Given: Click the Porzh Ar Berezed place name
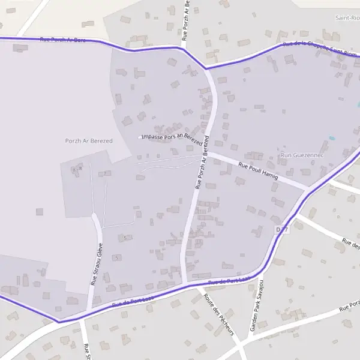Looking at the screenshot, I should point(89,140).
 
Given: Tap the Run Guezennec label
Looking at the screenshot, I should point(302,155).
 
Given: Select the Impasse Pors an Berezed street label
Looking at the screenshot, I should point(172,136).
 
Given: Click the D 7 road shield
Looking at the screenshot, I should point(283,230).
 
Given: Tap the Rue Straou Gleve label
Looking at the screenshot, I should point(97,263).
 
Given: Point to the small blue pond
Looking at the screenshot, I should point(332,138).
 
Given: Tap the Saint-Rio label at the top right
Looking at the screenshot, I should point(348,18).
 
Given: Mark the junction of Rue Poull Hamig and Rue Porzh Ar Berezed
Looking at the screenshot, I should point(208,154).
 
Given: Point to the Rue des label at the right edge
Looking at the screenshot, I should point(350,244).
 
